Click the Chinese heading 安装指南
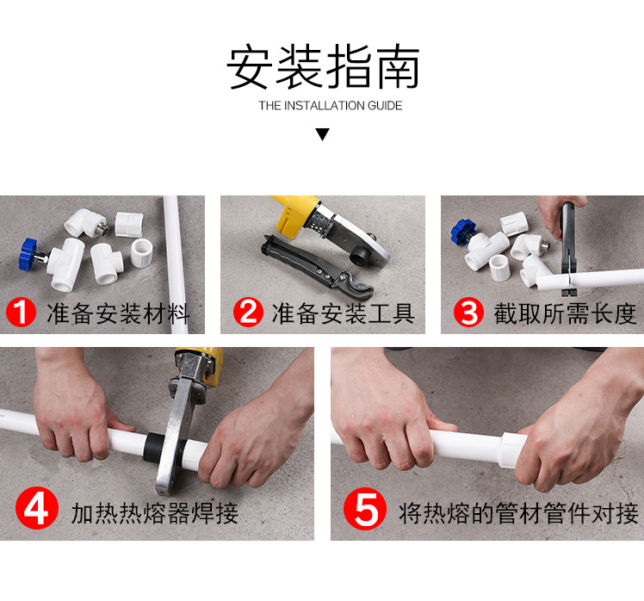pos(323,69)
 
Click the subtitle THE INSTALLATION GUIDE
pos(330,106)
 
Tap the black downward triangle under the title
pos(322,134)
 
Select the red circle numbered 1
pos(22,313)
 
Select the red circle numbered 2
pos(248,313)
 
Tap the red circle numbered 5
pos(366,510)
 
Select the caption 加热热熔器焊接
pos(154,514)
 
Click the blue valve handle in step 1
pos(31,253)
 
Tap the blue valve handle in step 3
pos(459,232)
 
